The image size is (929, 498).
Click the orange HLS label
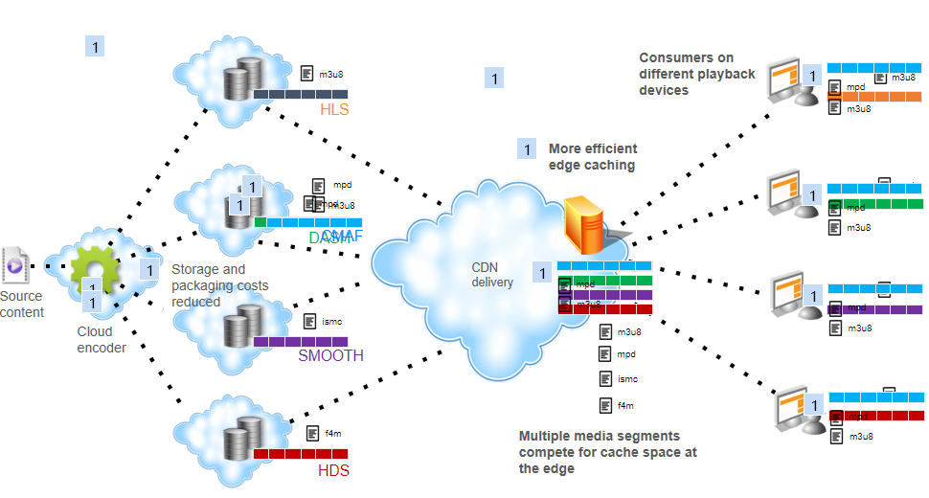(334, 109)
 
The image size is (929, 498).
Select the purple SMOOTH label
(330, 355)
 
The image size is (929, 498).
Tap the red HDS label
(333, 470)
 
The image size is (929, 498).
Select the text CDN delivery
(492, 275)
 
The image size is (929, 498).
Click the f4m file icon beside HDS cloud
(312, 433)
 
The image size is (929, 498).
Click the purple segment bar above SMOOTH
(301, 341)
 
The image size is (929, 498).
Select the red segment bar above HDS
(301, 453)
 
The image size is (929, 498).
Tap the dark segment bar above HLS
(301, 94)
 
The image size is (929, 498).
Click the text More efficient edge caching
(592, 156)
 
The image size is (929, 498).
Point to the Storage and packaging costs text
(219, 285)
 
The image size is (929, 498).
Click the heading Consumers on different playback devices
(697, 74)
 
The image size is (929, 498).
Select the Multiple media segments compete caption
(607, 452)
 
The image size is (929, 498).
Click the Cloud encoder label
(102, 340)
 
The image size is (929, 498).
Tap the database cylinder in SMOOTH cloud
(240, 326)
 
